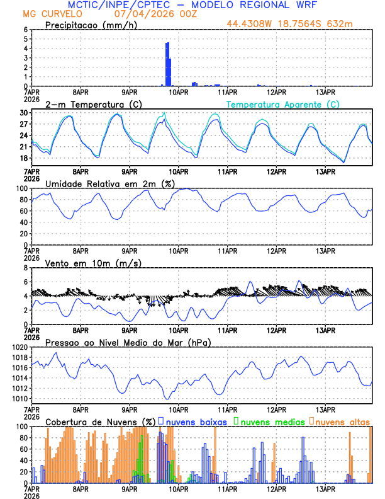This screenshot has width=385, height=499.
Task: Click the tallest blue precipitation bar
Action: pos(167,63)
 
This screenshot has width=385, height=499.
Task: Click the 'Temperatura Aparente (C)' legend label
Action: pos(282,104)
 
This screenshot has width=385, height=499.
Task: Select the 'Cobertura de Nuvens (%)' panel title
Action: pos(100,421)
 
